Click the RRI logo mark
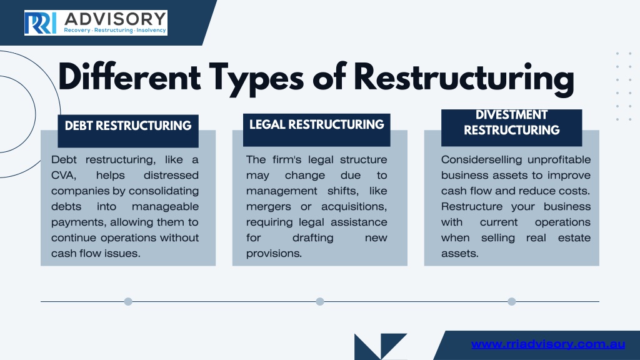tap(40, 23)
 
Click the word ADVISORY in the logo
tap(115, 19)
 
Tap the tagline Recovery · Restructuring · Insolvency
tap(115, 30)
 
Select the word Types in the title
tap(256, 79)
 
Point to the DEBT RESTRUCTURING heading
tap(128, 126)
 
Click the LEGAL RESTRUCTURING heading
tap(317, 124)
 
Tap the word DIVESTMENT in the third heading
tap(511, 115)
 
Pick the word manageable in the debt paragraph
tap(165, 206)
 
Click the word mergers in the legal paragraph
tap(269, 207)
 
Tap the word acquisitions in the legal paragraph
tap(354, 206)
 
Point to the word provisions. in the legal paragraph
tap(274, 254)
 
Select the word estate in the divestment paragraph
tap(574, 238)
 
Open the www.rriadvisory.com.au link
tap(548, 344)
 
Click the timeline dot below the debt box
tap(128, 302)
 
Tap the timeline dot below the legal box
tap(320, 302)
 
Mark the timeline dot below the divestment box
tap(512, 302)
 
